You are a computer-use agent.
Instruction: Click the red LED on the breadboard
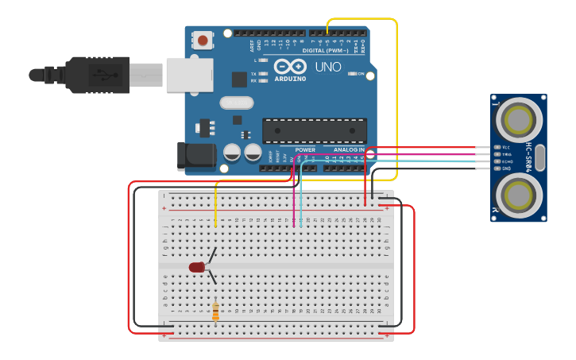coord(197,267)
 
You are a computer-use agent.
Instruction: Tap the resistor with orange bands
coord(215,311)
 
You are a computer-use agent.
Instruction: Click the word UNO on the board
coord(328,68)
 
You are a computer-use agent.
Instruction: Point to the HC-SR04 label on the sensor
coord(528,157)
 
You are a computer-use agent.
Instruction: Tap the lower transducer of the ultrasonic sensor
coord(520,194)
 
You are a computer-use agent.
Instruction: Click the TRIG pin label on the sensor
coord(506,154)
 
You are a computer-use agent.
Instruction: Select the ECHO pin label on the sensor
coord(506,161)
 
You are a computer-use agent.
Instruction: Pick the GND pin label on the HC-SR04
coord(506,168)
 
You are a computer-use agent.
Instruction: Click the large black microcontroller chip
coord(315,130)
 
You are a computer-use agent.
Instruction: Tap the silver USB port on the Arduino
coord(190,75)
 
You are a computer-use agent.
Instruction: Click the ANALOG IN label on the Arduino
coord(349,149)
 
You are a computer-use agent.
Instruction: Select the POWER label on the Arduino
coord(305,149)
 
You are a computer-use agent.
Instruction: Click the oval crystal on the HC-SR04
coord(541,157)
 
